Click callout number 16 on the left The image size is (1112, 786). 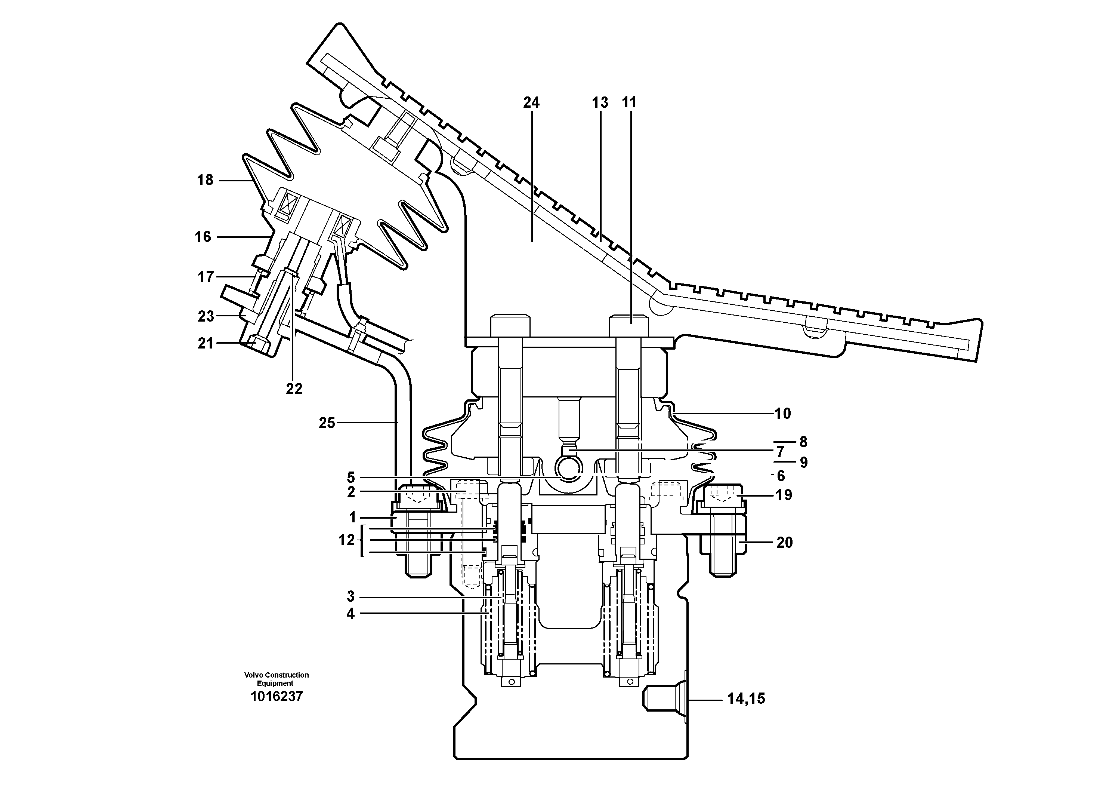tap(203, 237)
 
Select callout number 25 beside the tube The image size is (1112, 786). tap(327, 423)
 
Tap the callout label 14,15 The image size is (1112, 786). tap(746, 699)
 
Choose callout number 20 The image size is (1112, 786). tap(785, 543)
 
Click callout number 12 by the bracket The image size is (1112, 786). tap(346, 540)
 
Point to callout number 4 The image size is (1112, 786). tap(350, 614)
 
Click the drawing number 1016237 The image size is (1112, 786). tap(276, 697)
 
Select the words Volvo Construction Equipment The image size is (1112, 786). tap(276, 679)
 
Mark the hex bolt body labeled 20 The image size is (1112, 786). tap(728, 543)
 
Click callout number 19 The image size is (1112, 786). tap(784, 495)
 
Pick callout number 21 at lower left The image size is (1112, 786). tap(206, 344)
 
